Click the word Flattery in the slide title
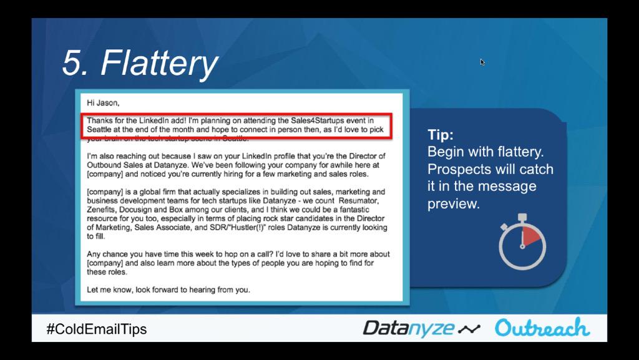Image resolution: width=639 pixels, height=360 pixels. coord(159,63)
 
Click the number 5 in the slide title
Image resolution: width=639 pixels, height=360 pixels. coord(74,63)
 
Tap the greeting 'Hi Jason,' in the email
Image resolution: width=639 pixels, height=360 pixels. coord(103,102)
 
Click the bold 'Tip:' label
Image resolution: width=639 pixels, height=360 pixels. coord(441,135)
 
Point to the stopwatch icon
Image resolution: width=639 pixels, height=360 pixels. coord(522,243)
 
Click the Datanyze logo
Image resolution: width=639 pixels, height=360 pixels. coord(409,328)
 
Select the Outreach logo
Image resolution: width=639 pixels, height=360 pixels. coord(542,328)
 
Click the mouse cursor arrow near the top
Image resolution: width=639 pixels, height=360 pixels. coord(482,62)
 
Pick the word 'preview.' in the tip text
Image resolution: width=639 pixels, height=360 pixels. coord(454,204)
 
